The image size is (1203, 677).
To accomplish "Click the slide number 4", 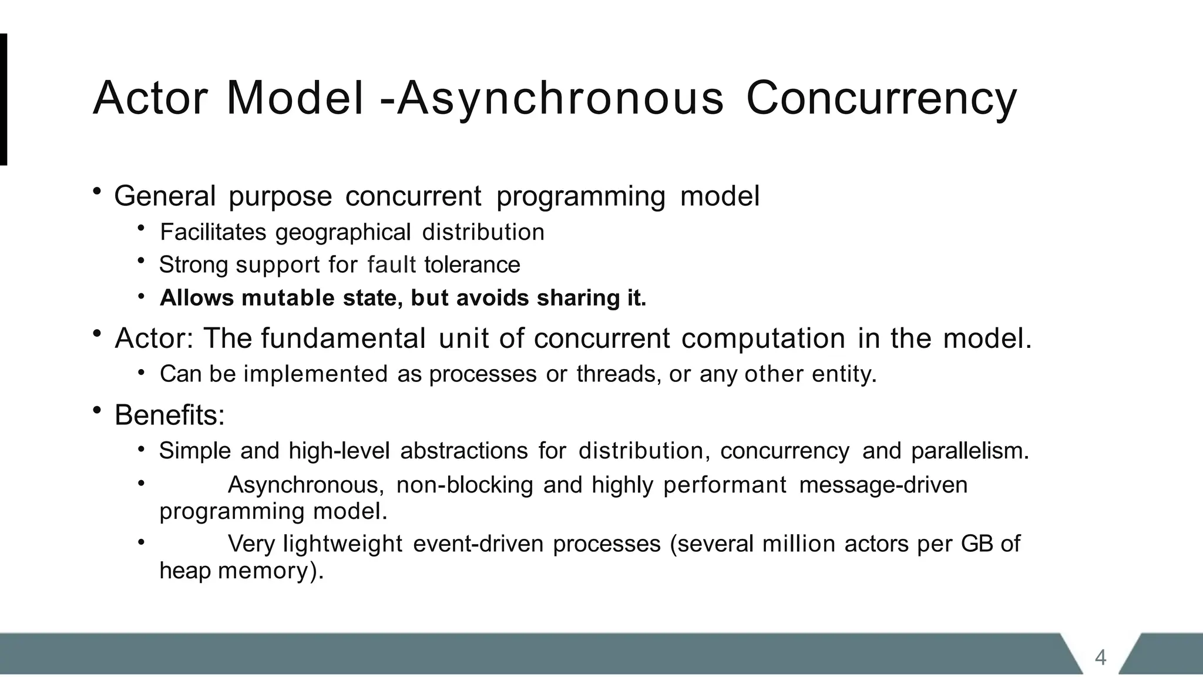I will (1100, 657).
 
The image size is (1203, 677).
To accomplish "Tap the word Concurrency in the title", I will (881, 99).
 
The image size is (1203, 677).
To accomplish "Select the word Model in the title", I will (295, 99).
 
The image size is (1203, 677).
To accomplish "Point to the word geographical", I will (343, 233).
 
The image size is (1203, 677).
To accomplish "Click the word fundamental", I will (344, 338).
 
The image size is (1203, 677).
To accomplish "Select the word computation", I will (764, 338).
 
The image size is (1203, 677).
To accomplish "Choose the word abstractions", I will (464, 451).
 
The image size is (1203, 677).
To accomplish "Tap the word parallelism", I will (970, 451).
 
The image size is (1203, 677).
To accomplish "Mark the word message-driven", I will (883, 485).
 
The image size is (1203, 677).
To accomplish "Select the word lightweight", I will (343, 544).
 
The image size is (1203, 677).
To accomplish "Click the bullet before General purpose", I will (97, 192).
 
